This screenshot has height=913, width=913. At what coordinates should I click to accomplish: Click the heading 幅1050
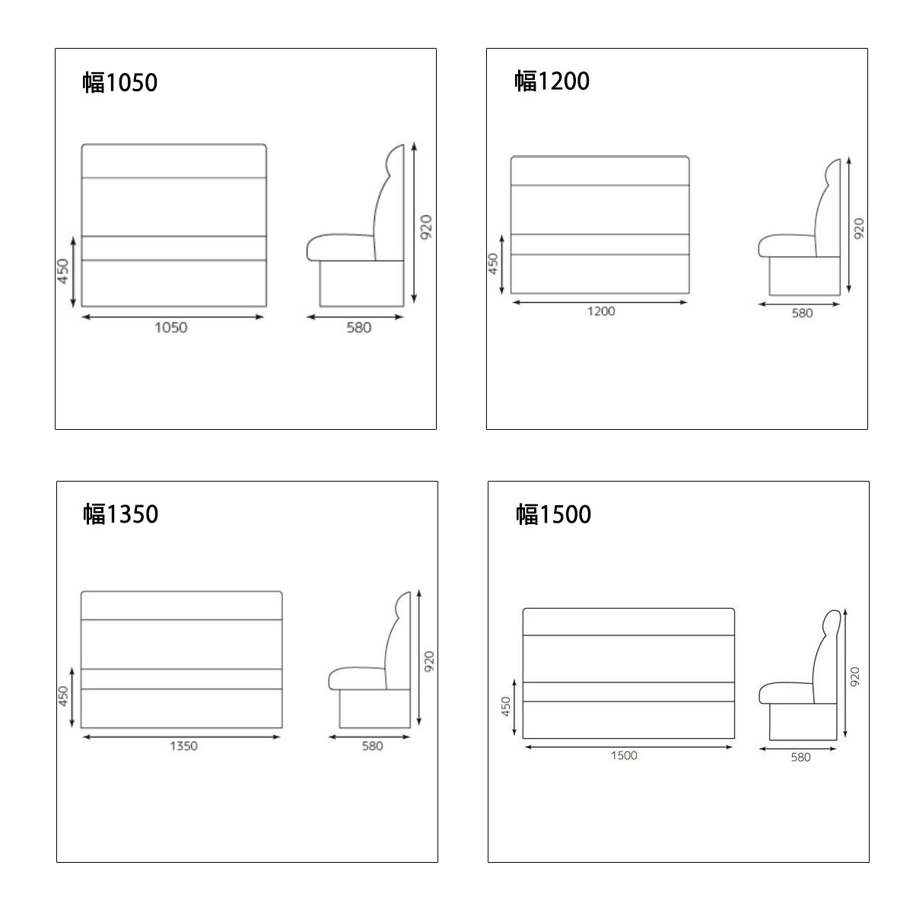(x=120, y=82)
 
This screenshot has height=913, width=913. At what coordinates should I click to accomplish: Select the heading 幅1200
(x=552, y=81)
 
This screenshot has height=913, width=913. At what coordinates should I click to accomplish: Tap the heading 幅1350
(x=121, y=514)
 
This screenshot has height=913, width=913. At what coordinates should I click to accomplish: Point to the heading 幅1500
(x=553, y=514)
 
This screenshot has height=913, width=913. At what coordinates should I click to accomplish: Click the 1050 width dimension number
(x=171, y=327)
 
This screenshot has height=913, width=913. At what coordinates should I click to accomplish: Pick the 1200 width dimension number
(x=601, y=311)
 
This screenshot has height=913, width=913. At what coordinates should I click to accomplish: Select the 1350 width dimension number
(x=183, y=746)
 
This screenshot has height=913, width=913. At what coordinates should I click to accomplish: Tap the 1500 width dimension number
(x=624, y=756)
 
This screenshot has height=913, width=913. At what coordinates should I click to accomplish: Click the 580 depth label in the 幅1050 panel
(x=358, y=327)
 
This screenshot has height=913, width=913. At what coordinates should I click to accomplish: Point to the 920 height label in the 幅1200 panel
(x=858, y=228)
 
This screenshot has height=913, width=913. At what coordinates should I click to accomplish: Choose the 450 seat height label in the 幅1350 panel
(x=63, y=696)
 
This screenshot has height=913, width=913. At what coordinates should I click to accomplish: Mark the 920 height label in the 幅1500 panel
(x=854, y=676)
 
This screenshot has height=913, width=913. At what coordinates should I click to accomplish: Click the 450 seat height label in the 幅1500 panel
(x=505, y=706)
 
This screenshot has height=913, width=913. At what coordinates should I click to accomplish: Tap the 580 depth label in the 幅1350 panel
(x=372, y=746)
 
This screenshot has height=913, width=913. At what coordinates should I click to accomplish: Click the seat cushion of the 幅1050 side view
(x=340, y=247)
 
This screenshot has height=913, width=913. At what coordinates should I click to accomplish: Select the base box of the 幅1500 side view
(x=803, y=721)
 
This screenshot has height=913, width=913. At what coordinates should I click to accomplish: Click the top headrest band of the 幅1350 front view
(x=182, y=606)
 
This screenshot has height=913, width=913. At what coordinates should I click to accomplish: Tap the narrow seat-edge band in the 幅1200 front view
(x=600, y=244)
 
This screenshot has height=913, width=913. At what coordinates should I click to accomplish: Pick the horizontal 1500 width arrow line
(x=628, y=747)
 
